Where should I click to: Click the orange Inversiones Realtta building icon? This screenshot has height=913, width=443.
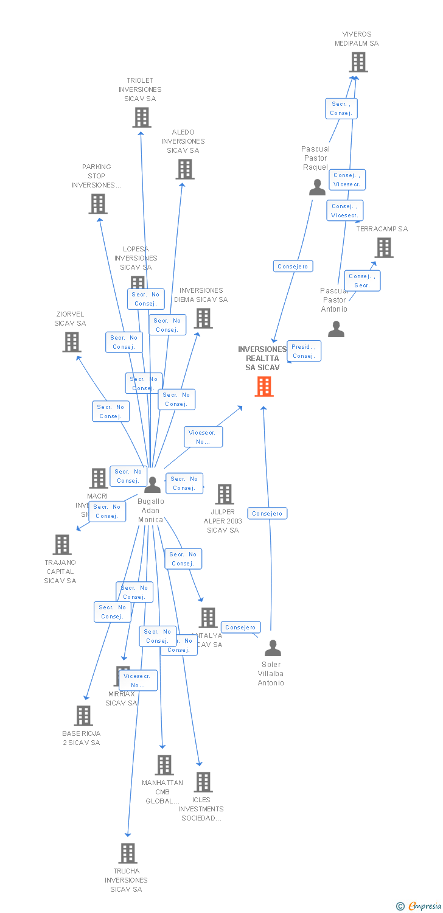pos(264,387)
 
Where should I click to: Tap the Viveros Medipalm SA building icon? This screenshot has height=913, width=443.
pos(358,62)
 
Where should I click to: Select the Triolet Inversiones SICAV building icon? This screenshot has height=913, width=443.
pos(142,117)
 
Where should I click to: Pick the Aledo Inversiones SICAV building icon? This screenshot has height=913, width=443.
pos(185,169)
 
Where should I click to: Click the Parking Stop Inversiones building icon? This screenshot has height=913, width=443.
pos(98,204)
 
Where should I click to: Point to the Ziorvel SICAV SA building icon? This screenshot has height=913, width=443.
pos(72,342)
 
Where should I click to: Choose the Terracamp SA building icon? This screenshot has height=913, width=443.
pos(384,248)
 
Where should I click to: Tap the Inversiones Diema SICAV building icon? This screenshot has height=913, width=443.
pos(203,318)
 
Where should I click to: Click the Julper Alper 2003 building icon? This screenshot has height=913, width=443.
pos(225,494)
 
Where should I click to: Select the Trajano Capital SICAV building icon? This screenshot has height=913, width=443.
pos(62,545)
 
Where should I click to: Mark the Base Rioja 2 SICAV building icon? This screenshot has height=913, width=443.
pos(83,716)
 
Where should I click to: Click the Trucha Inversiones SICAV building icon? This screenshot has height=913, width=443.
pos(127,853)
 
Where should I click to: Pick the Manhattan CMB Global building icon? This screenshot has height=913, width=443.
pos(164,765)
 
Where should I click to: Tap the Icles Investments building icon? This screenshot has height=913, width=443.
pos(203,782)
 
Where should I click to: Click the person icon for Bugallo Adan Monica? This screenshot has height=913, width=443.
pos(152,485)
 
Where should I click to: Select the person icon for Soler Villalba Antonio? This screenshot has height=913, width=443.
pos(273,648)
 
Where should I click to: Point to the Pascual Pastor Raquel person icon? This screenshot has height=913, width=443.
pos(317,187)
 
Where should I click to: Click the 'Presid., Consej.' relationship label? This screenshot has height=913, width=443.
pos(303,351)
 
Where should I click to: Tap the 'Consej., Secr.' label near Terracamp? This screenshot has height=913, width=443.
pos(362,281)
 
